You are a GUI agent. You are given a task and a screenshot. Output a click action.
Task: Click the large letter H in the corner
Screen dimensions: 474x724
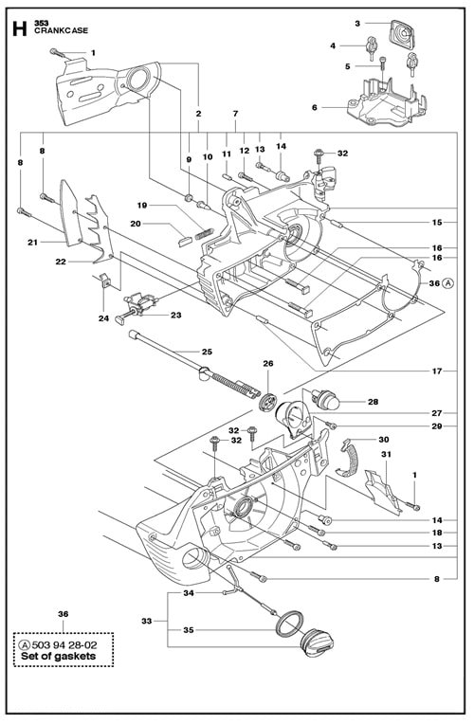19,28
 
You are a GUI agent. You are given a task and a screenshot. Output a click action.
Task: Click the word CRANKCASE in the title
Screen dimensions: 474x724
61,30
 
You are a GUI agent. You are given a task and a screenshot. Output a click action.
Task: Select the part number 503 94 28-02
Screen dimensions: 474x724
64,645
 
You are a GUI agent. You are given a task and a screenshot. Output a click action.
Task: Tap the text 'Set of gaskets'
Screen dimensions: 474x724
59,656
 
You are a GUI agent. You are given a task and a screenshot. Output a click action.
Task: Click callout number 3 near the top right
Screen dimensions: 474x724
357,23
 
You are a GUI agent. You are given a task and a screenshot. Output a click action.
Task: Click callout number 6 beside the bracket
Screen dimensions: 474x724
314,108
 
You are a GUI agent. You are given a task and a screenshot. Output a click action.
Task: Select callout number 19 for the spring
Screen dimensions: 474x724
142,205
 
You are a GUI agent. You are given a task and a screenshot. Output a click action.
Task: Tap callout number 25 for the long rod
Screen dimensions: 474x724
207,352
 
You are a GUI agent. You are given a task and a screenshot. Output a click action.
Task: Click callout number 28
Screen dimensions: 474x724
373,402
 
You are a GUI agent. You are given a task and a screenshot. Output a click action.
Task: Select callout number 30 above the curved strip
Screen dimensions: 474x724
383,439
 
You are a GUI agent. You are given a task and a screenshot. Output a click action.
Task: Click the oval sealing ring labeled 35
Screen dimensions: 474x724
289,624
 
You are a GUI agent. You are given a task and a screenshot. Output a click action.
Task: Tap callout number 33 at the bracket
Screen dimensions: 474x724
146,621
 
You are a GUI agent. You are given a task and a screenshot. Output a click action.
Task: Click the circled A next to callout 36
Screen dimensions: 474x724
447,283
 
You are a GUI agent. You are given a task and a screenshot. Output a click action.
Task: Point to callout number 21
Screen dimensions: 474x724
32,242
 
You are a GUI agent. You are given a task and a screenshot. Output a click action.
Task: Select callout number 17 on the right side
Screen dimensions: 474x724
437,371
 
